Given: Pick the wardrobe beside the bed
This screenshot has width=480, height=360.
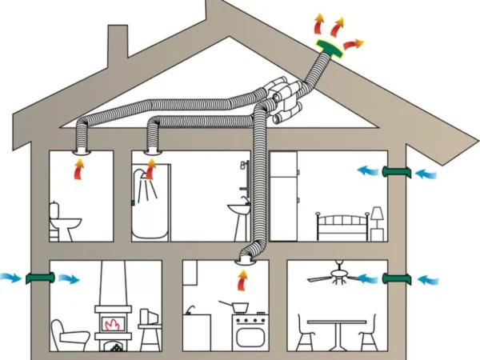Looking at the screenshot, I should pyautogui.click(x=283, y=196).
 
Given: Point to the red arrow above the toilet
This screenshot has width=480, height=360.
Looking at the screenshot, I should pyautogui.click(x=79, y=169).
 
